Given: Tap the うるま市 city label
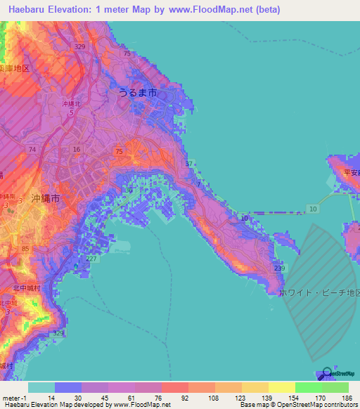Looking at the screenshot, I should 136,93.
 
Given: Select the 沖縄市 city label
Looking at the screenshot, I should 46,198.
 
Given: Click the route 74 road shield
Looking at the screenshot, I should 32,150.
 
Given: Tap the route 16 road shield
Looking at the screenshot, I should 76,150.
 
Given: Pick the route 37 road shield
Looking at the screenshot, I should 188,164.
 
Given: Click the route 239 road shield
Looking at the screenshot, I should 279,268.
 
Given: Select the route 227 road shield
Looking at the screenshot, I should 91,258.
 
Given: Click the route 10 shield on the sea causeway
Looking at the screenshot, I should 313,209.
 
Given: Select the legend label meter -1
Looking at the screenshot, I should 13,398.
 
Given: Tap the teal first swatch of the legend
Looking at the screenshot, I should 41,387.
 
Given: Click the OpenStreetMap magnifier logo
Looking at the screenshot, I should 326,372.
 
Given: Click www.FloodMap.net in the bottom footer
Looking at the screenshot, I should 140,405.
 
